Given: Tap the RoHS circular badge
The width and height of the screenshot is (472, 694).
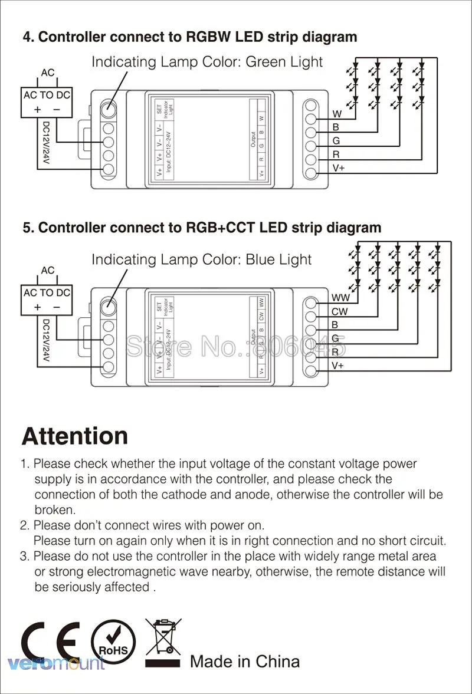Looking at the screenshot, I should (x=113, y=643).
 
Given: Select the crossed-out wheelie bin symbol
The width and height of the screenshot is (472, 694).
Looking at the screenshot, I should (x=164, y=640).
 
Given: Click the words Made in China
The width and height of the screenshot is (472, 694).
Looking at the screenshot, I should (x=245, y=662).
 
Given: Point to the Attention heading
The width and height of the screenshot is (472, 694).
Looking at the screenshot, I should (x=74, y=436).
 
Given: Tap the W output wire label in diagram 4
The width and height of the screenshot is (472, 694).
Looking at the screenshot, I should (x=337, y=114).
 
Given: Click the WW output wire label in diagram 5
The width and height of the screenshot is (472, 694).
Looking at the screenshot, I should (x=341, y=298).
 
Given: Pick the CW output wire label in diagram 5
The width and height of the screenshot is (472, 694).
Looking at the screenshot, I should (x=340, y=311).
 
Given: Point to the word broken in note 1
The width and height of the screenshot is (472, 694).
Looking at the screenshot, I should (x=54, y=509).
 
